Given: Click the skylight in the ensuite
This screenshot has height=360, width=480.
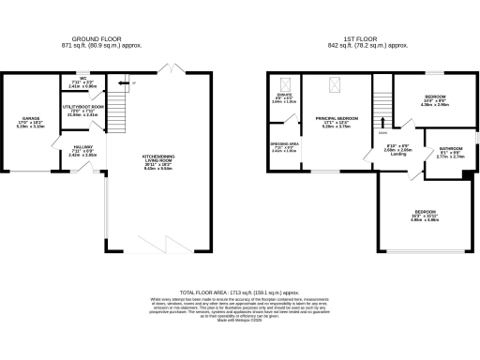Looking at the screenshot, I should [x=283, y=82].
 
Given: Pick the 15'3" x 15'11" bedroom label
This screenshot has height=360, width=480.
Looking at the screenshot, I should [x=427, y=216].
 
